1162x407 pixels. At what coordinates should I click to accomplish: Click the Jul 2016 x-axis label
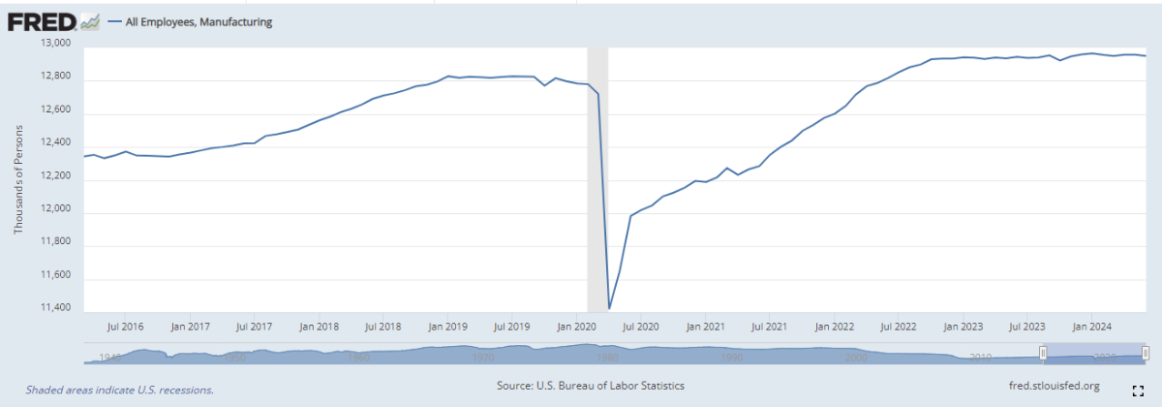tap(125, 328)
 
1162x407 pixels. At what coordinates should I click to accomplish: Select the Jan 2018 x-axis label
tap(320, 328)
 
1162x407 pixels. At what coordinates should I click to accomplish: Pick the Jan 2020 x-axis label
tap(576, 328)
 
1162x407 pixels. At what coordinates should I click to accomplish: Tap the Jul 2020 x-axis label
tap(641, 328)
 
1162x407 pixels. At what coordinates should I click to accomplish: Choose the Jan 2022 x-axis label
tap(833, 328)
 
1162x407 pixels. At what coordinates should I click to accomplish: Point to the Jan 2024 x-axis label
tap(1090, 328)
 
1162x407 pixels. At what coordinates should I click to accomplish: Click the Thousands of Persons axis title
tap(18, 179)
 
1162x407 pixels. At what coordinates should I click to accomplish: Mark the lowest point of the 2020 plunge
tap(609, 308)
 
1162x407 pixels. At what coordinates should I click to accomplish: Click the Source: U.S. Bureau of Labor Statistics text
tap(590, 386)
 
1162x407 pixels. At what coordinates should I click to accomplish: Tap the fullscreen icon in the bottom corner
tap(1140, 389)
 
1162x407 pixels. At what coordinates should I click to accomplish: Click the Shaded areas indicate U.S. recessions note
tap(119, 390)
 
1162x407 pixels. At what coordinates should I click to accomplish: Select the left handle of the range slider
tap(1043, 353)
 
